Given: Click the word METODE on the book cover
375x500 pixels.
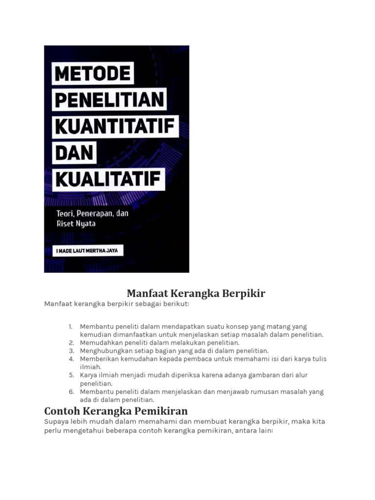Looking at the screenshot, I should tap(93, 74).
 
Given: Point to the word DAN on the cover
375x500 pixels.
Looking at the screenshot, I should tap(75, 153).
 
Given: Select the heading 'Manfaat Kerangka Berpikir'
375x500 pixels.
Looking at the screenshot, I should tap(196, 293).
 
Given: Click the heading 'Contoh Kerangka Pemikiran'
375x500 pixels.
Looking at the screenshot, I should tap(116, 410).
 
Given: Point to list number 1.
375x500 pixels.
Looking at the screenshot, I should tap(71, 327).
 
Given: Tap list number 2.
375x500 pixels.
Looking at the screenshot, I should tap(71, 343).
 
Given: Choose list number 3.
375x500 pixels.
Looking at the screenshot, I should tap(71, 351).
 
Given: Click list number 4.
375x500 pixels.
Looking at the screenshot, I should tap(71, 359).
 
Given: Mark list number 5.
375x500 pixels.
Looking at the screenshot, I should tap(71, 375).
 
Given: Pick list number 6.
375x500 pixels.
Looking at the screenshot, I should tap(71, 392).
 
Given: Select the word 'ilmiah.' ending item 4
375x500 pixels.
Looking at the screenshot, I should tap(90, 367).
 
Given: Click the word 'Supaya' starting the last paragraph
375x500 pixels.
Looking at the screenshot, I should tap(57, 421).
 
